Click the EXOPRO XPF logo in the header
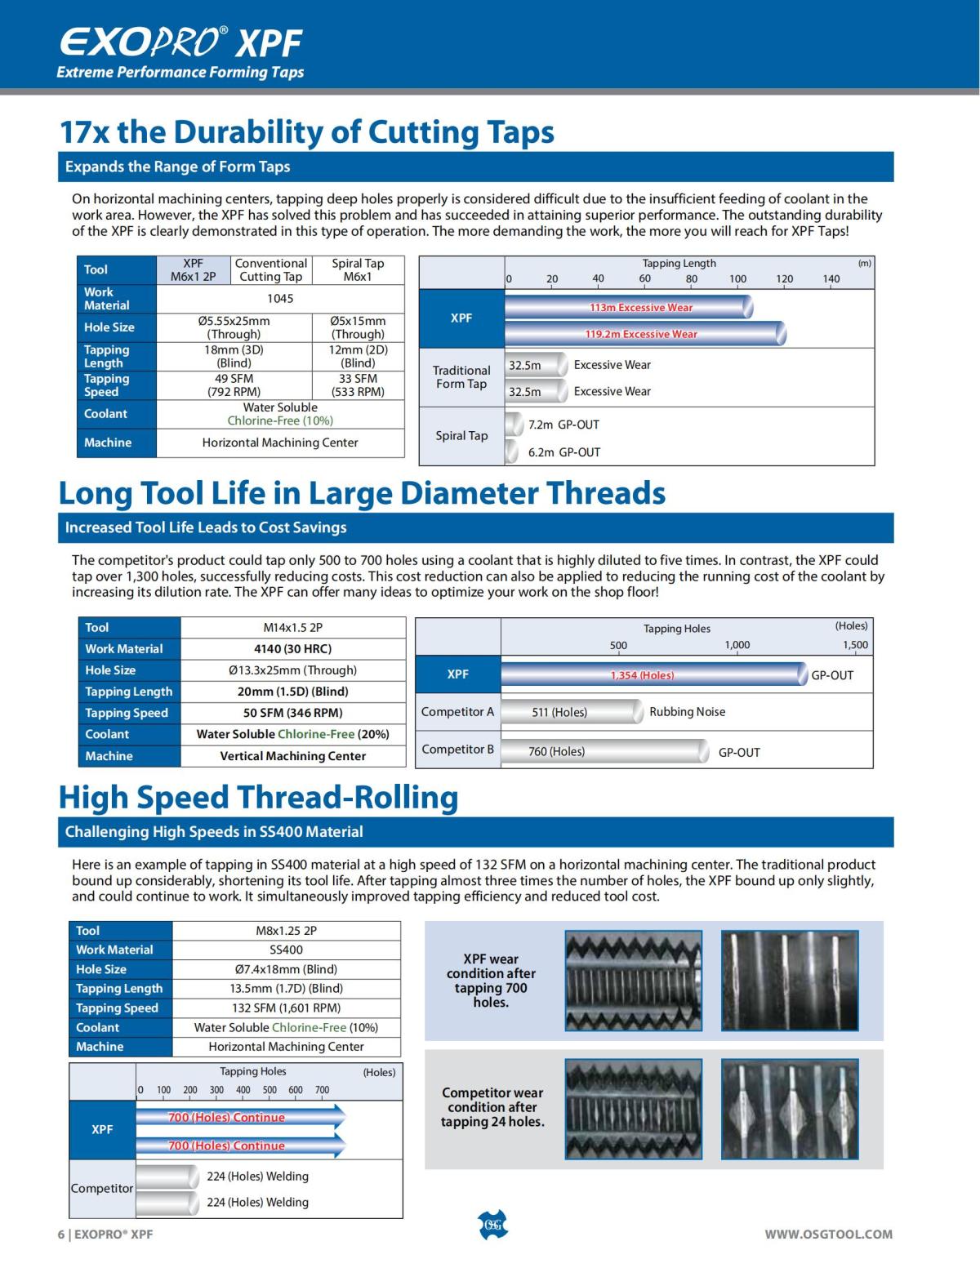(x=180, y=42)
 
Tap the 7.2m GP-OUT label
(x=563, y=425)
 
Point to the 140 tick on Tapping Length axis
(x=831, y=279)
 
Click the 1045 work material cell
(x=280, y=299)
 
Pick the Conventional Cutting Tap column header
(x=270, y=270)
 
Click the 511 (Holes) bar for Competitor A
(x=572, y=712)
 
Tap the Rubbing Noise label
(x=687, y=712)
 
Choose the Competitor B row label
(x=457, y=750)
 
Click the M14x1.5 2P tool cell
(x=293, y=628)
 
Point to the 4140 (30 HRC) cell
(x=293, y=649)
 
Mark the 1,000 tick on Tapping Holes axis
(x=737, y=645)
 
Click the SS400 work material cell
(x=286, y=950)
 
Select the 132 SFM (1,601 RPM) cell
(x=286, y=1008)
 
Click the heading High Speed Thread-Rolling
(x=258, y=798)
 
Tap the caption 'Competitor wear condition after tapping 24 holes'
(x=492, y=1107)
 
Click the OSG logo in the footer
(x=492, y=1225)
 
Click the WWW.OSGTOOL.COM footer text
(x=828, y=1235)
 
